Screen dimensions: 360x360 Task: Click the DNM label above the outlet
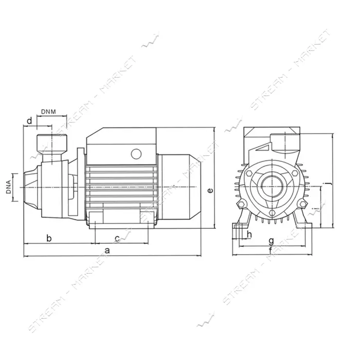click(48, 112)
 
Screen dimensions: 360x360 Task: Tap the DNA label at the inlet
click(9, 187)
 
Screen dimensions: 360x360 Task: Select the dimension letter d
click(29, 120)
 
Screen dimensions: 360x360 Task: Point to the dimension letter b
click(49, 238)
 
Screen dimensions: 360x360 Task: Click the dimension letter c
click(117, 239)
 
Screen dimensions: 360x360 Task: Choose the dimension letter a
click(107, 250)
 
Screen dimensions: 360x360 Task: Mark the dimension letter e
click(210, 190)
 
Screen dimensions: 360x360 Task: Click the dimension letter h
click(249, 235)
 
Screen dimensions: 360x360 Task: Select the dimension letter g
click(271, 241)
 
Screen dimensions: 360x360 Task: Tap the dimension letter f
click(271, 250)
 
